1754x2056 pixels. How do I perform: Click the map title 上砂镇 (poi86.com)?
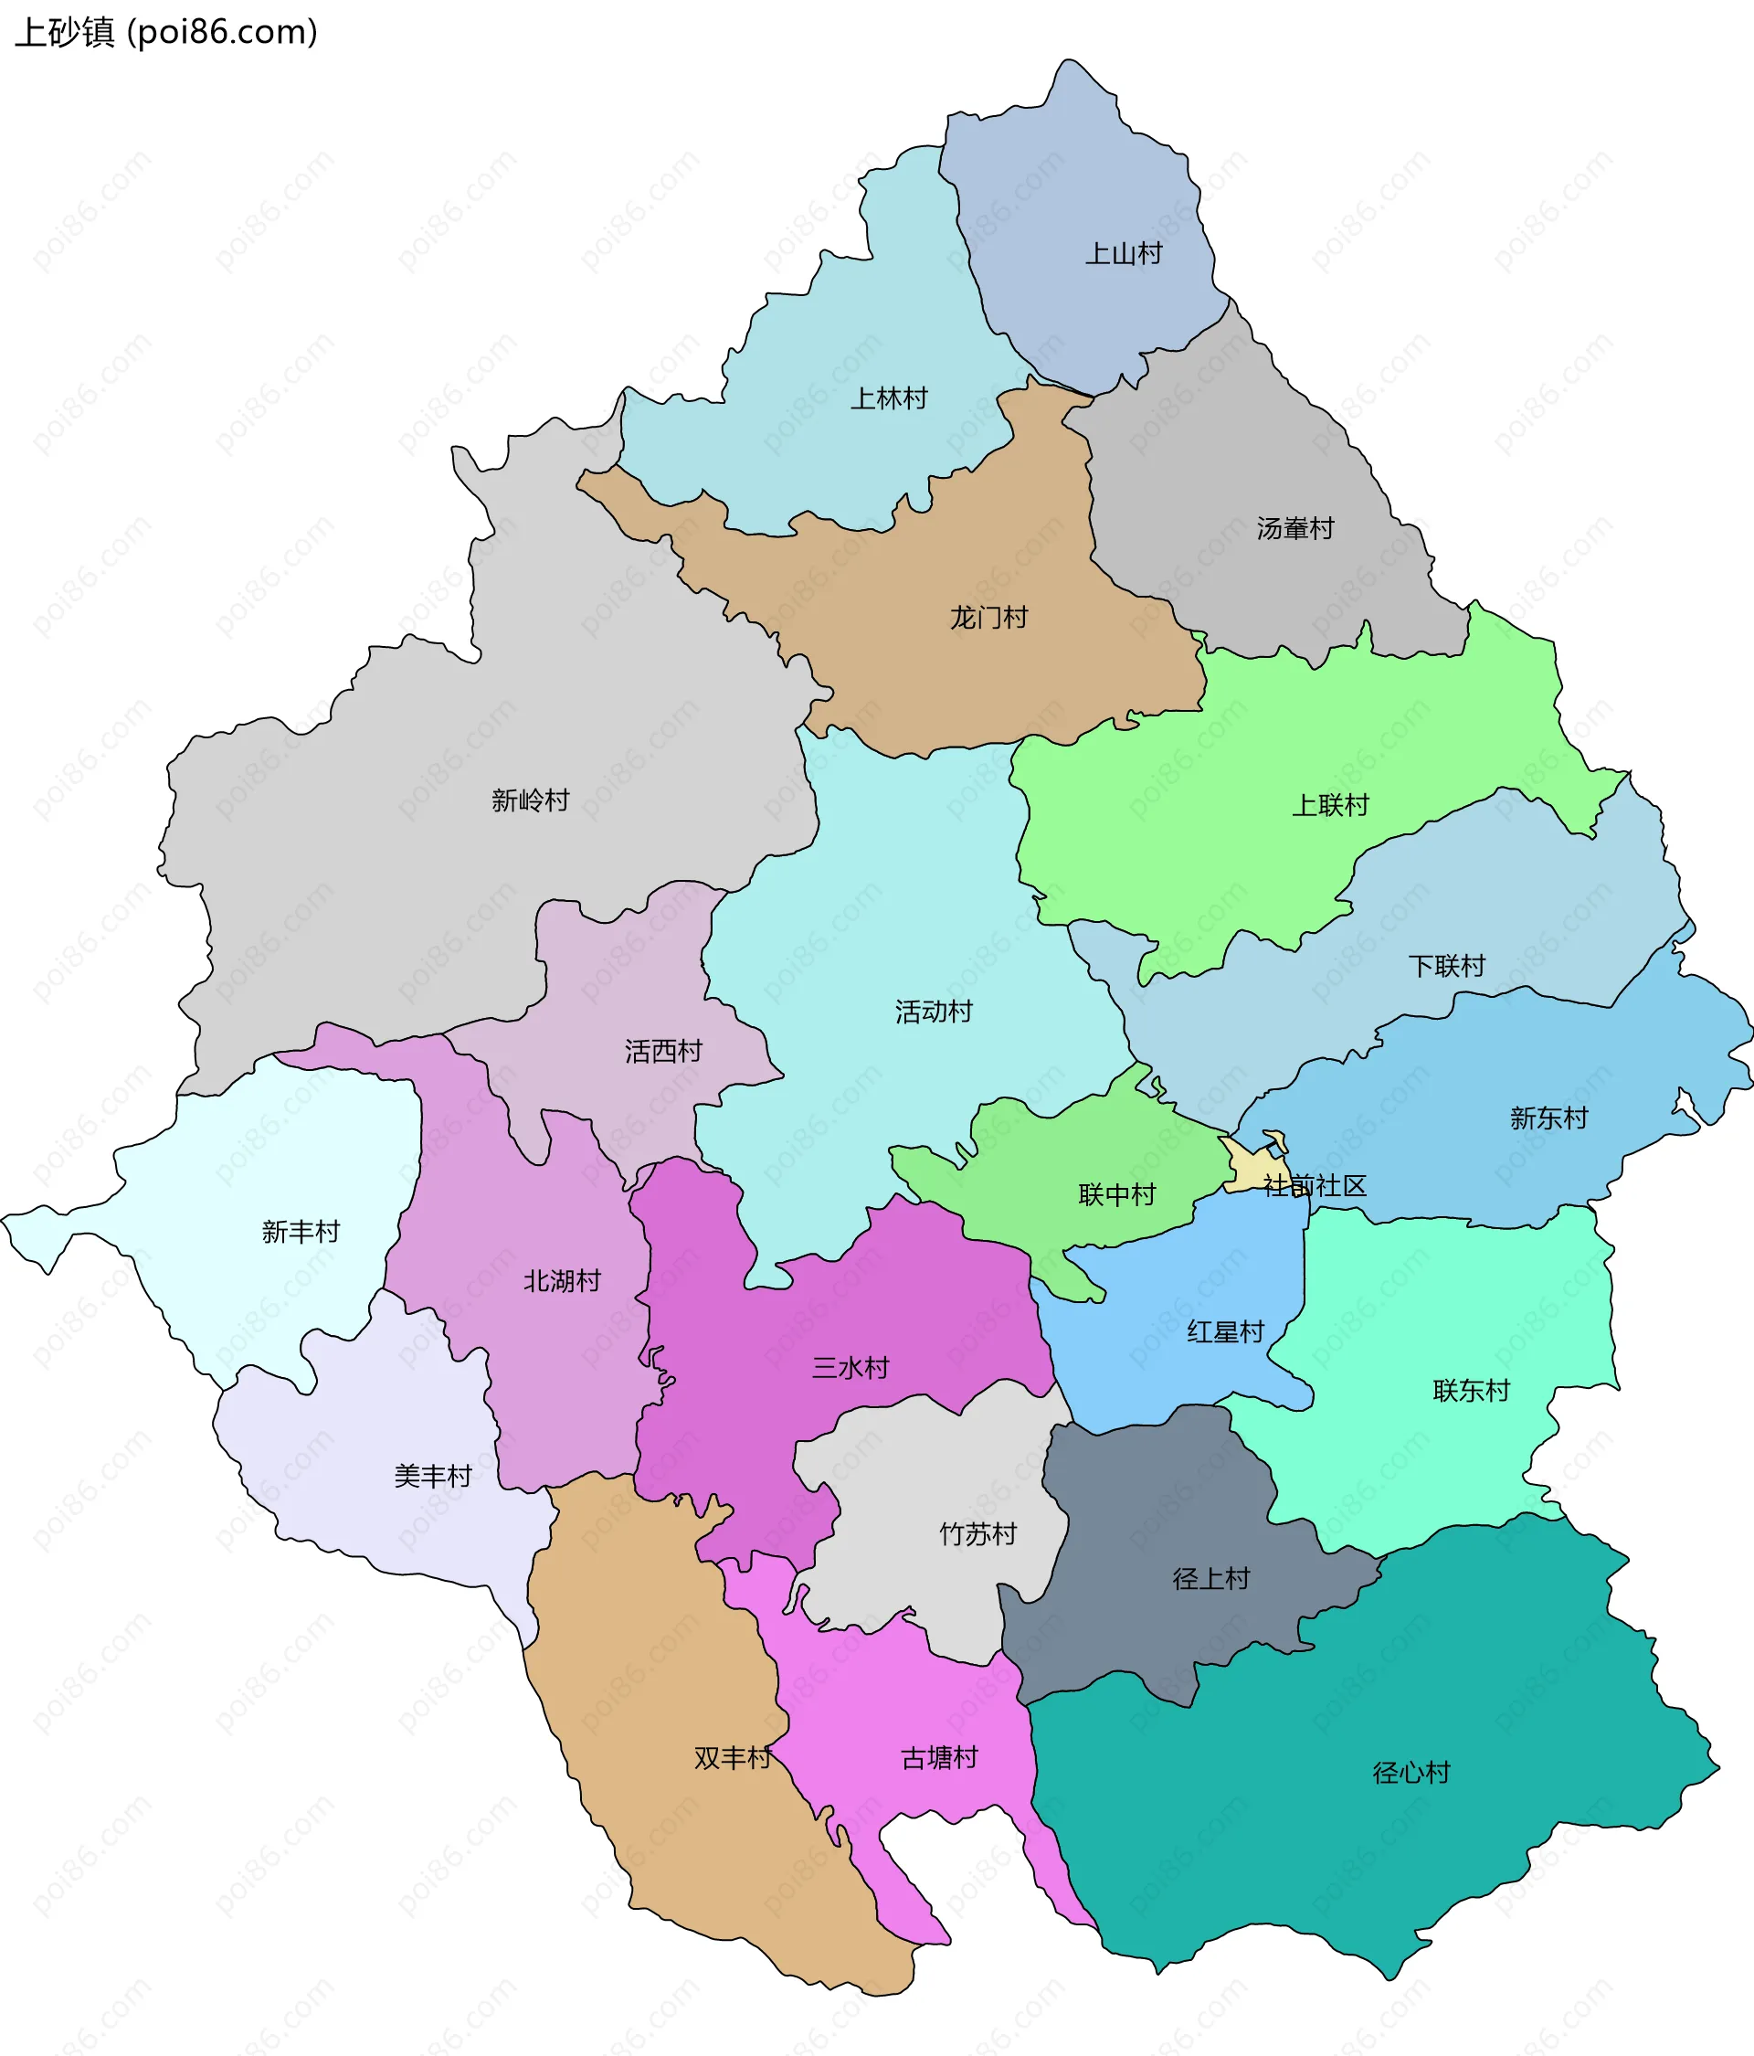[166, 32]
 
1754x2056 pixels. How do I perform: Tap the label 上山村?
[1123, 254]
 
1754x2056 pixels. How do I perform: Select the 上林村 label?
[889, 399]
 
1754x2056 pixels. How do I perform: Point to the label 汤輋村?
[1294, 529]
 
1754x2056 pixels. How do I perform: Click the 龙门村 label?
[989, 619]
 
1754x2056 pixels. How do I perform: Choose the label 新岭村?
[531, 800]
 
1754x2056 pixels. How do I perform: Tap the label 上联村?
[1329, 806]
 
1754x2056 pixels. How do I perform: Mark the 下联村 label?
[1446, 967]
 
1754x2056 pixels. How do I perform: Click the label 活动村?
[934, 1012]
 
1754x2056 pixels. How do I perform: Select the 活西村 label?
[664, 1051]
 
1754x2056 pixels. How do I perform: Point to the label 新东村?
[1548, 1118]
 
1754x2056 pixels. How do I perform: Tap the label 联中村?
[1117, 1194]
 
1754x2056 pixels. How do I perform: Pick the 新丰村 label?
[301, 1232]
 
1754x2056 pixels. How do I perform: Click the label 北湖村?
[563, 1281]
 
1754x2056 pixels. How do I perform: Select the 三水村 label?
[851, 1368]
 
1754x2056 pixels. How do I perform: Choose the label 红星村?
[1225, 1331]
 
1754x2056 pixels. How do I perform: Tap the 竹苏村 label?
[978, 1534]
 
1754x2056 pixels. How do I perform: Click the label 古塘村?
[938, 1758]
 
